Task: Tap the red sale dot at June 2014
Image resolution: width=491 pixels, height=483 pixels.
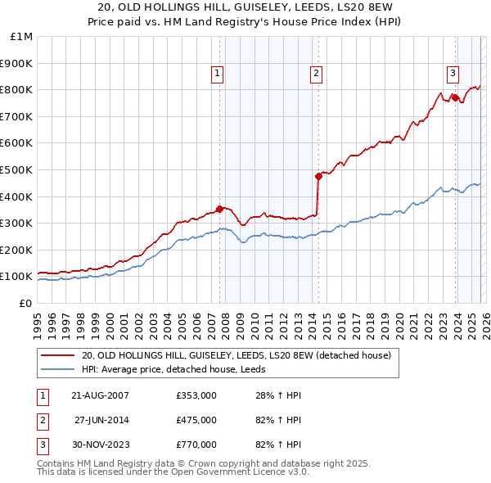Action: click(318, 175)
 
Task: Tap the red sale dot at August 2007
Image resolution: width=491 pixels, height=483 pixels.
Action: click(219, 208)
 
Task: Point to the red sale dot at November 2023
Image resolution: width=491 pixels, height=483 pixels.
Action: click(454, 97)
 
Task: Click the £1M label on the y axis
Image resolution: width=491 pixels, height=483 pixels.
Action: click(21, 36)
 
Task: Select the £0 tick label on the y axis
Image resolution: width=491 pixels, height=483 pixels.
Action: click(26, 303)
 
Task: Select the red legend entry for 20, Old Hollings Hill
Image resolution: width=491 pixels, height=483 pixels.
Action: click(236, 355)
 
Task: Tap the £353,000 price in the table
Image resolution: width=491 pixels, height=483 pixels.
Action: click(196, 395)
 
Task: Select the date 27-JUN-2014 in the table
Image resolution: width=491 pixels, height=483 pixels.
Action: click(101, 420)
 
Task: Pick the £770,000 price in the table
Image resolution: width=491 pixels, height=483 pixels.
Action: click(196, 445)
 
